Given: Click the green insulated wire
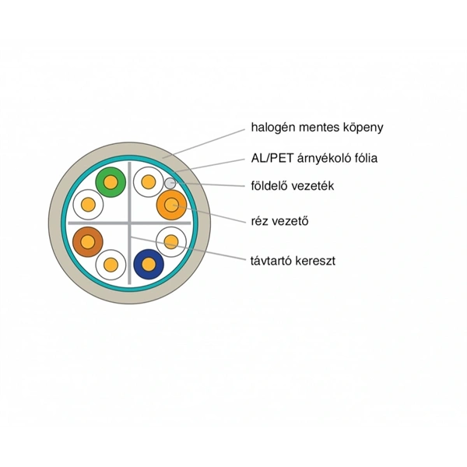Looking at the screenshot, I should click(x=110, y=182).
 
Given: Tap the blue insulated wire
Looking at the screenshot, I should click(x=148, y=264).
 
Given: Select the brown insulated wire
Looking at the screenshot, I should click(x=87, y=242).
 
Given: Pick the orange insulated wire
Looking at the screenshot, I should click(x=170, y=205).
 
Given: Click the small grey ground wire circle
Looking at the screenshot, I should click(x=170, y=184).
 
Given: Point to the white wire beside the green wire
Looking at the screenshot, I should click(x=88, y=205).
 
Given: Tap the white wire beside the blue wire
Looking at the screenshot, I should click(x=170, y=242).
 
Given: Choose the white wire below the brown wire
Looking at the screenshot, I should click(x=111, y=265).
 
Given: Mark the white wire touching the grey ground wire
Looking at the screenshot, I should click(x=148, y=183).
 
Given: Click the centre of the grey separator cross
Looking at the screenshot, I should click(x=129, y=223).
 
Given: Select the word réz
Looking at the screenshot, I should click(x=260, y=220).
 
